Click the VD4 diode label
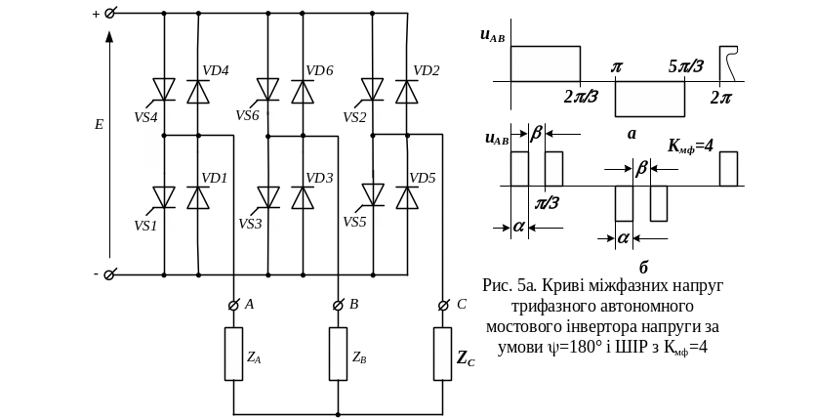[215, 70]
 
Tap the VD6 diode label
[319, 70]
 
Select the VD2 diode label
[427, 70]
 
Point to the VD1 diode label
[214, 179]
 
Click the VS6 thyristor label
[249, 115]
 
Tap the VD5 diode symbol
[408, 196]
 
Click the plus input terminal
[109, 15]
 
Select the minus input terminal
[109, 274]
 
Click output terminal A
[234, 306]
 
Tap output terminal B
[338, 306]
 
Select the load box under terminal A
[234, 354]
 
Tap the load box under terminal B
[338, 354]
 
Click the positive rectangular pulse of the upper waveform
[545, 63]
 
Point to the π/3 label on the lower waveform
[548, 203]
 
